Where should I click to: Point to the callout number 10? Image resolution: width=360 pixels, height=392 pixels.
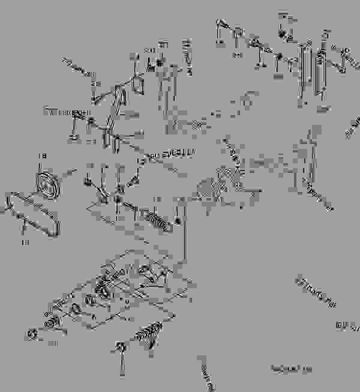[53, 343]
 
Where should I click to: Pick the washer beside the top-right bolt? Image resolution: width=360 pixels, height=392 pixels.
[238, 31]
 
